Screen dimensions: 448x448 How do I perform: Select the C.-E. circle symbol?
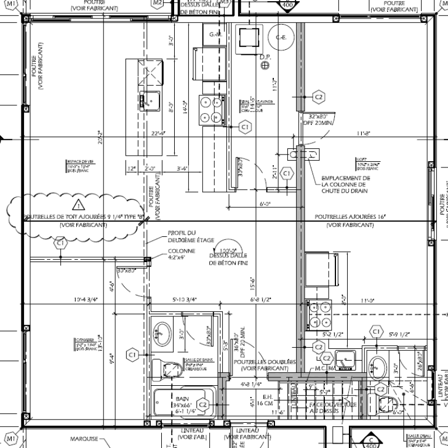click(x=281, y=38)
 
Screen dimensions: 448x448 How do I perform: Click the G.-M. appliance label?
click(x=216, y=35)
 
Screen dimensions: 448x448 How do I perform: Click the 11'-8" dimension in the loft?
click(x=364, y=133)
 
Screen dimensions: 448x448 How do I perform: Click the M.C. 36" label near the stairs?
click(x=325, y=368)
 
